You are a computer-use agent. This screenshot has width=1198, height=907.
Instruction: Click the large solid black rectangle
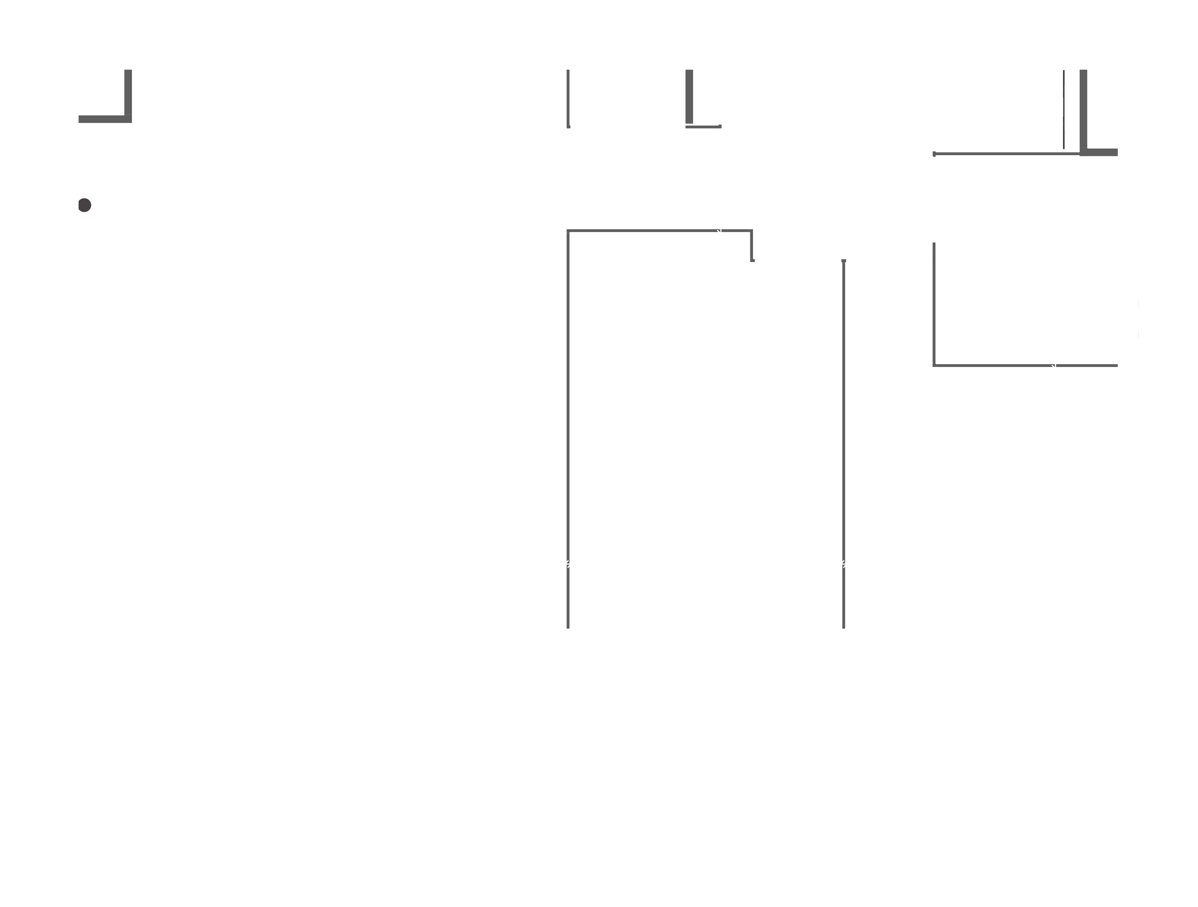[x=902, y=809]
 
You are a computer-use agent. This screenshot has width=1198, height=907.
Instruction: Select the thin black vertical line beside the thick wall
[x=1064, y=109]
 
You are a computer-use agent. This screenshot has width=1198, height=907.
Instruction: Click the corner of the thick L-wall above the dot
[x=128, y=119]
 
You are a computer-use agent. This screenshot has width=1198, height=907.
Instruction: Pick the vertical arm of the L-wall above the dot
[x=128, y=92]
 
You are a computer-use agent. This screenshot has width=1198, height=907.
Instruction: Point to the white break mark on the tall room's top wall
[x=719, y=231]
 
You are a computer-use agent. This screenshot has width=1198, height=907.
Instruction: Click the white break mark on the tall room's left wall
[x=568, y=564]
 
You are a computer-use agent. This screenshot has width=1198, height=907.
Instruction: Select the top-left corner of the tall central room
[x=568, y=231]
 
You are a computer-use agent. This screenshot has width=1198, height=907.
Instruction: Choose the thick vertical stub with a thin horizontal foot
[x=689, y=96]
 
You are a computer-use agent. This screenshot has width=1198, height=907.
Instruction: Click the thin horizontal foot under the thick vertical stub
[x=703, y=127]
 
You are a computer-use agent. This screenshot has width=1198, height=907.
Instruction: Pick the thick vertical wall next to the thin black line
[x=1083, y=108]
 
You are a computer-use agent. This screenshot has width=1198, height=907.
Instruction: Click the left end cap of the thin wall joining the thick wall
[x=934, y=154]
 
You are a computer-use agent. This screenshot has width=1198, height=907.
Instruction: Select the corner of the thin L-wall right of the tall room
[x=934, y=365]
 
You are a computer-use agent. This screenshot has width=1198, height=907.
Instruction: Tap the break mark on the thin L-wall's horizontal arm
[x=1054, y=366]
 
